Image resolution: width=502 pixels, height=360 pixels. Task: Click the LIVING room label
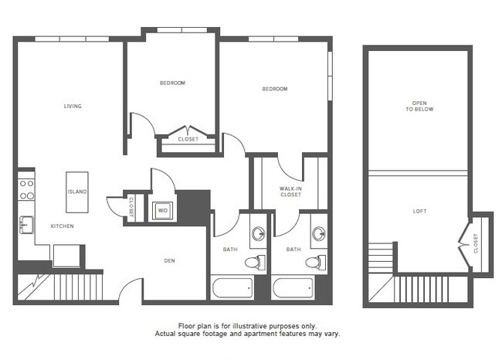tap(73, 107)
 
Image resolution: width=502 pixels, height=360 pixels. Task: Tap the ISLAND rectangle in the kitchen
tap(77, 191)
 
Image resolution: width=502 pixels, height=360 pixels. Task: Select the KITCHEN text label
tap(63, 226)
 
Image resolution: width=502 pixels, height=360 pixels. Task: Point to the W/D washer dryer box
tap(163, 209)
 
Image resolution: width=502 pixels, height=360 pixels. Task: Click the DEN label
tap(170, 260)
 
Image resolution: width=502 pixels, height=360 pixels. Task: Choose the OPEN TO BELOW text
tap(419, 107)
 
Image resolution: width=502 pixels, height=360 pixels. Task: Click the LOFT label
tap(419, 210)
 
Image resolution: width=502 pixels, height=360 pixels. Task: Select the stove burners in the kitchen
tap(27, 190)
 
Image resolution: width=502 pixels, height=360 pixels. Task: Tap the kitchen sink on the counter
tap(26, 225)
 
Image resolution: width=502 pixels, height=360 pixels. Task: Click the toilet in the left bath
tap(254, 263)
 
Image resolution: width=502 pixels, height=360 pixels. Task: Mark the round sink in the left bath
tap(258, 234)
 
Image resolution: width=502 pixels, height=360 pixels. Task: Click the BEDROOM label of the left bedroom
tap(172, 83)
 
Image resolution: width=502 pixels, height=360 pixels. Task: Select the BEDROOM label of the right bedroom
tap(274, 90)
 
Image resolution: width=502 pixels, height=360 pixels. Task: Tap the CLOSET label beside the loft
tap(476, 243)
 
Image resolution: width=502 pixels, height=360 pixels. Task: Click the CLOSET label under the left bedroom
tap(188, 140)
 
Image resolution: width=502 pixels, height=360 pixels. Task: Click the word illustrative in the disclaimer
tap(249, 327)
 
